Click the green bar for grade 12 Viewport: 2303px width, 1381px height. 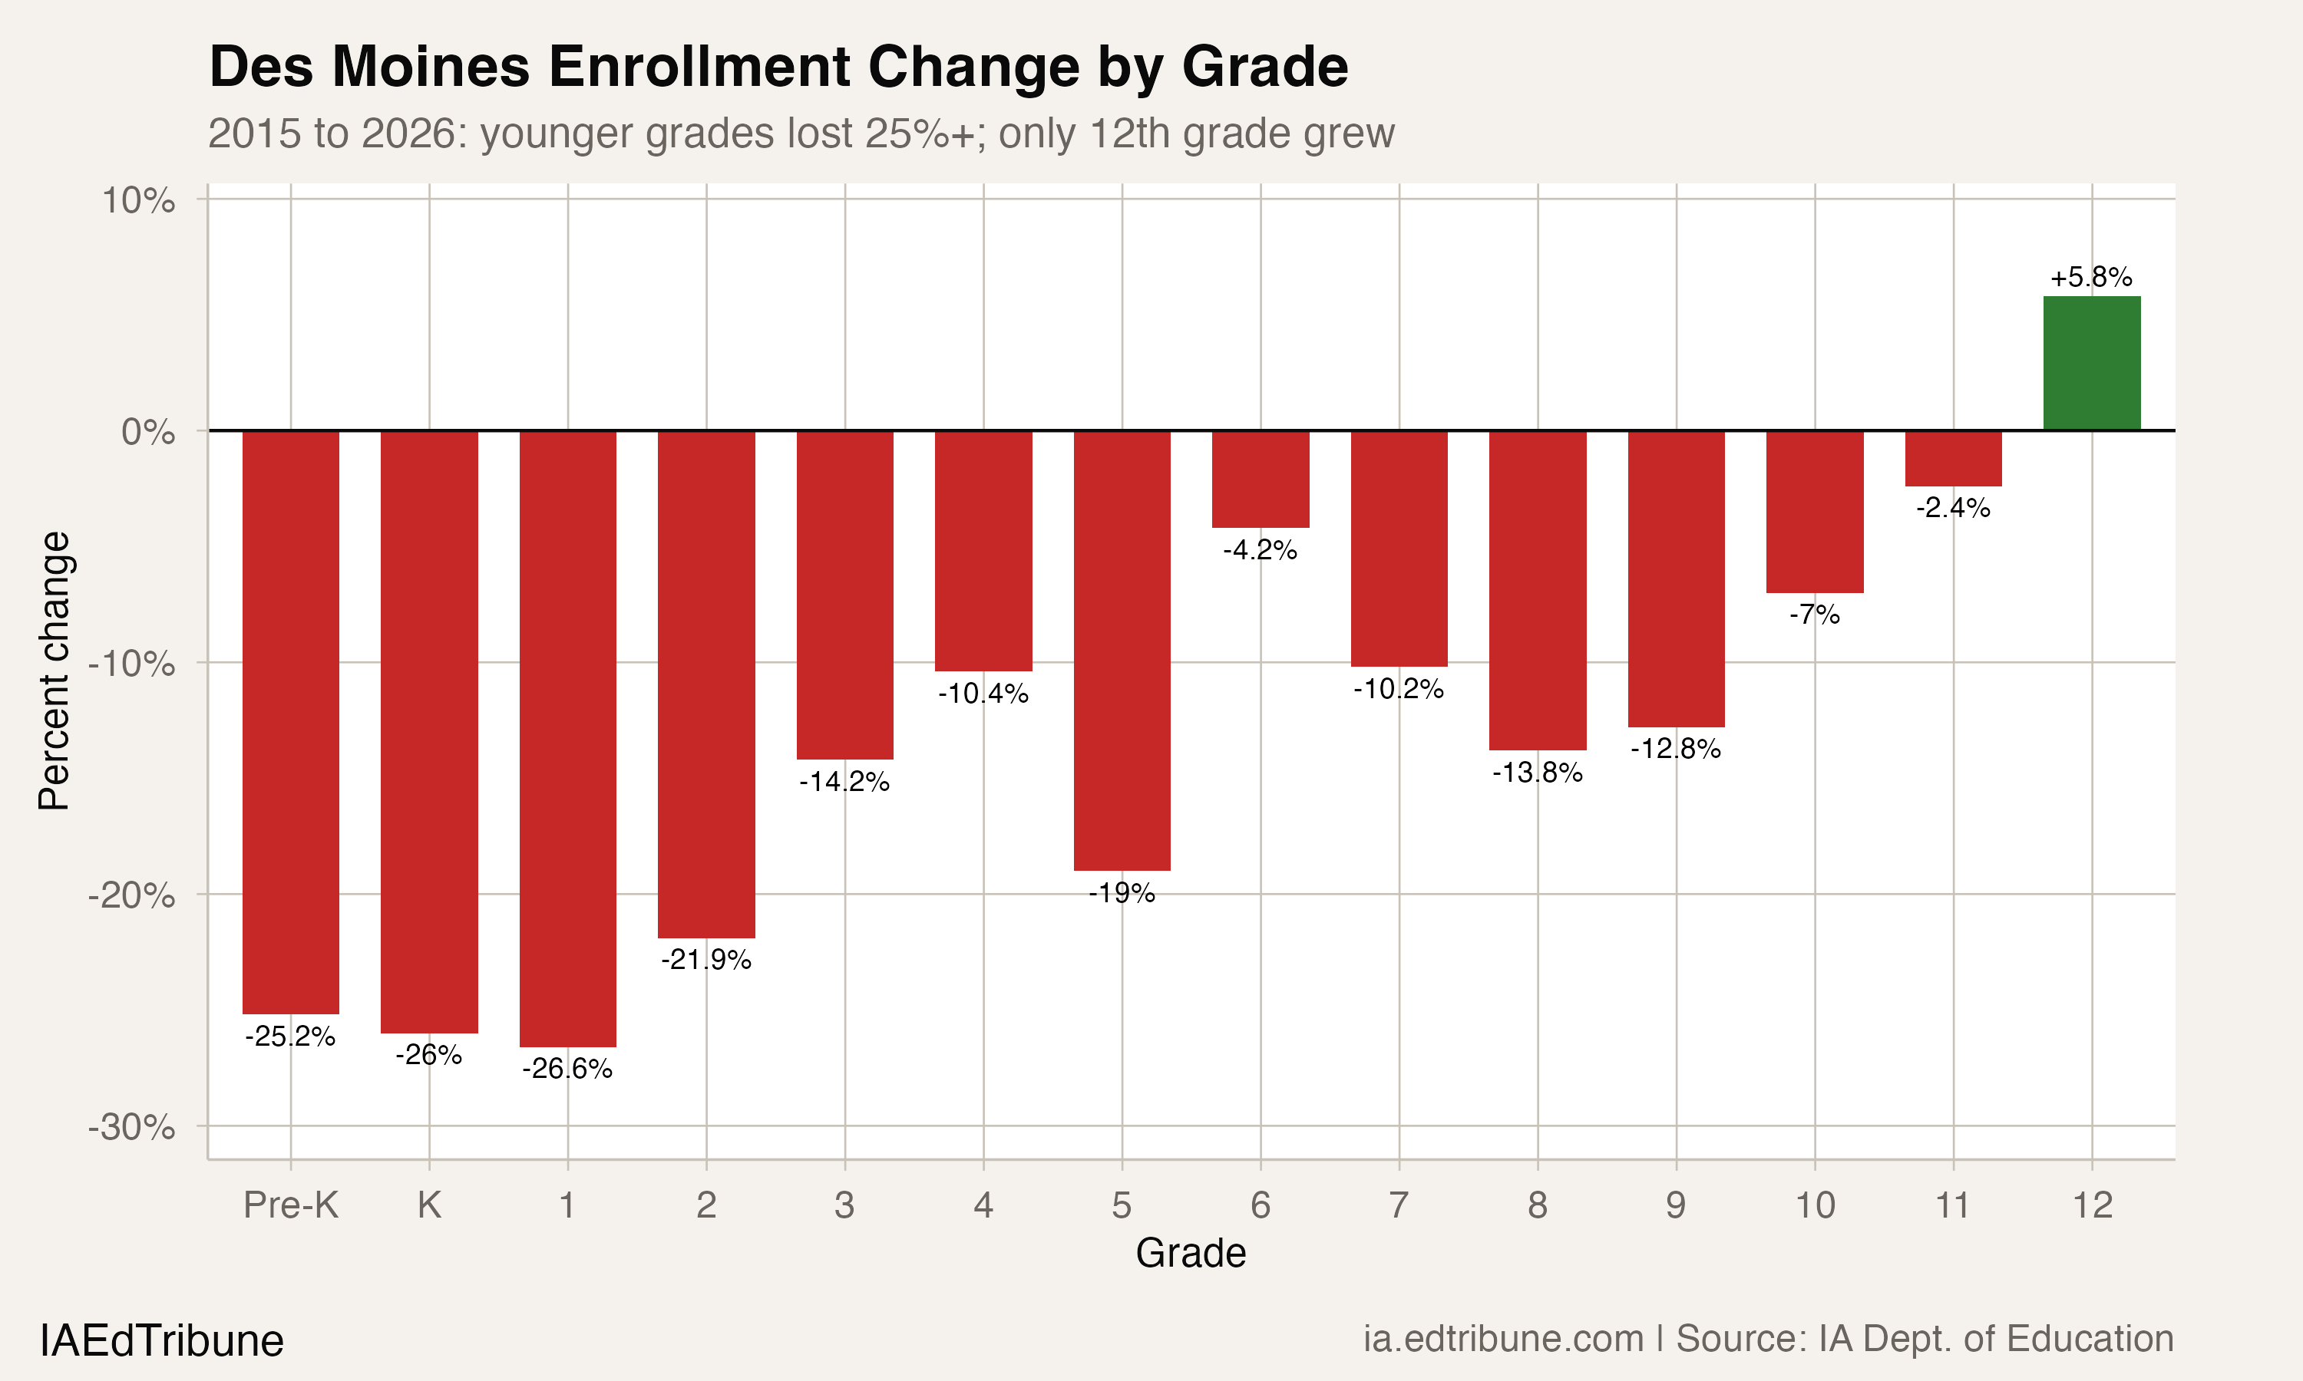[x=2091, y=363]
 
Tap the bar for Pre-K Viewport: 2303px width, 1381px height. [x=290, y=721]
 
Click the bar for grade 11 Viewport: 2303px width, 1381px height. [x=1953, y=458]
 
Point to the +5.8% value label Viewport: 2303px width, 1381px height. [x=2091, y=277]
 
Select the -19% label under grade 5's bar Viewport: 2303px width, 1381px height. [x=1122, y=893]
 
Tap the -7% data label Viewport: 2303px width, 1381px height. [x=1814, y=615]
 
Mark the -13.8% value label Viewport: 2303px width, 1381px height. [x=1537, y=773]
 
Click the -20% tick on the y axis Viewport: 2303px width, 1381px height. [x=131, y=895]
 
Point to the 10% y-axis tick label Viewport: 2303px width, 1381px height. [x=137, y=200]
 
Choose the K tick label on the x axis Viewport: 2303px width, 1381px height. [x=429, y=1205]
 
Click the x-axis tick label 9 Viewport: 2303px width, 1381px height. [x=1676, y=1205]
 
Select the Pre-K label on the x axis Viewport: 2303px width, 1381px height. [x=290, y=1205]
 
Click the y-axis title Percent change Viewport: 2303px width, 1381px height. [x=54, y=670]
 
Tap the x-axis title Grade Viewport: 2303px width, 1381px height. [x=1191, y=1254]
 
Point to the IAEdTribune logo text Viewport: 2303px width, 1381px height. [x=161, y=1341]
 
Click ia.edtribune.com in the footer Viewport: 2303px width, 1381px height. [x=1502, y=1339]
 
